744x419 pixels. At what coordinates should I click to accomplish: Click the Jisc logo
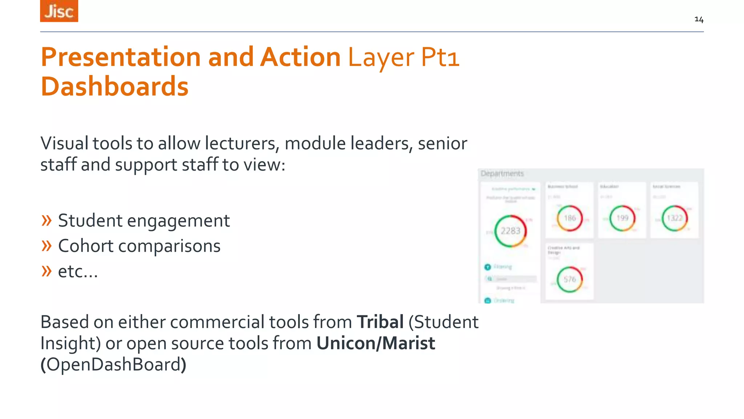pos(59,11)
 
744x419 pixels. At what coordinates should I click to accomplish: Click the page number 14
pos(699,19)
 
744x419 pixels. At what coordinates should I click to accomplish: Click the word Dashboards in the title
pos(114,87)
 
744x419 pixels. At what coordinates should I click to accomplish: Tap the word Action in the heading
pos(300,57)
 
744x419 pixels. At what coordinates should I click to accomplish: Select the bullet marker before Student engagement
pos(46,220)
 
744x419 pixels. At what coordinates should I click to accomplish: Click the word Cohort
pos(85,246)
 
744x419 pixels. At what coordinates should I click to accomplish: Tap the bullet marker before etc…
pos(46,271)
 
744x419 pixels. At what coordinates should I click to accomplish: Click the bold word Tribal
pos(380,322)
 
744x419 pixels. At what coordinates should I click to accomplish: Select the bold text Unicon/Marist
pos(376,343)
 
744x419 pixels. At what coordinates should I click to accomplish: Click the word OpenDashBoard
pos(113,364)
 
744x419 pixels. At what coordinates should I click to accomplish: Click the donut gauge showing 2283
pos(510,231)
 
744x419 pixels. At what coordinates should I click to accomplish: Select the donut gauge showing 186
pos(570,218)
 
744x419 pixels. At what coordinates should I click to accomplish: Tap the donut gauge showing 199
pos(622,218)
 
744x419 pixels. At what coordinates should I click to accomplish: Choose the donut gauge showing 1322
pos(675,218)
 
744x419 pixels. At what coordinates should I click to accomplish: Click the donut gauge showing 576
pos(570,279)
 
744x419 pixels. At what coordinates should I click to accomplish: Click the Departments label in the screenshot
pos(502,173)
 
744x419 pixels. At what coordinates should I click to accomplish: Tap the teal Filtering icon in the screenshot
pos(488,267)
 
